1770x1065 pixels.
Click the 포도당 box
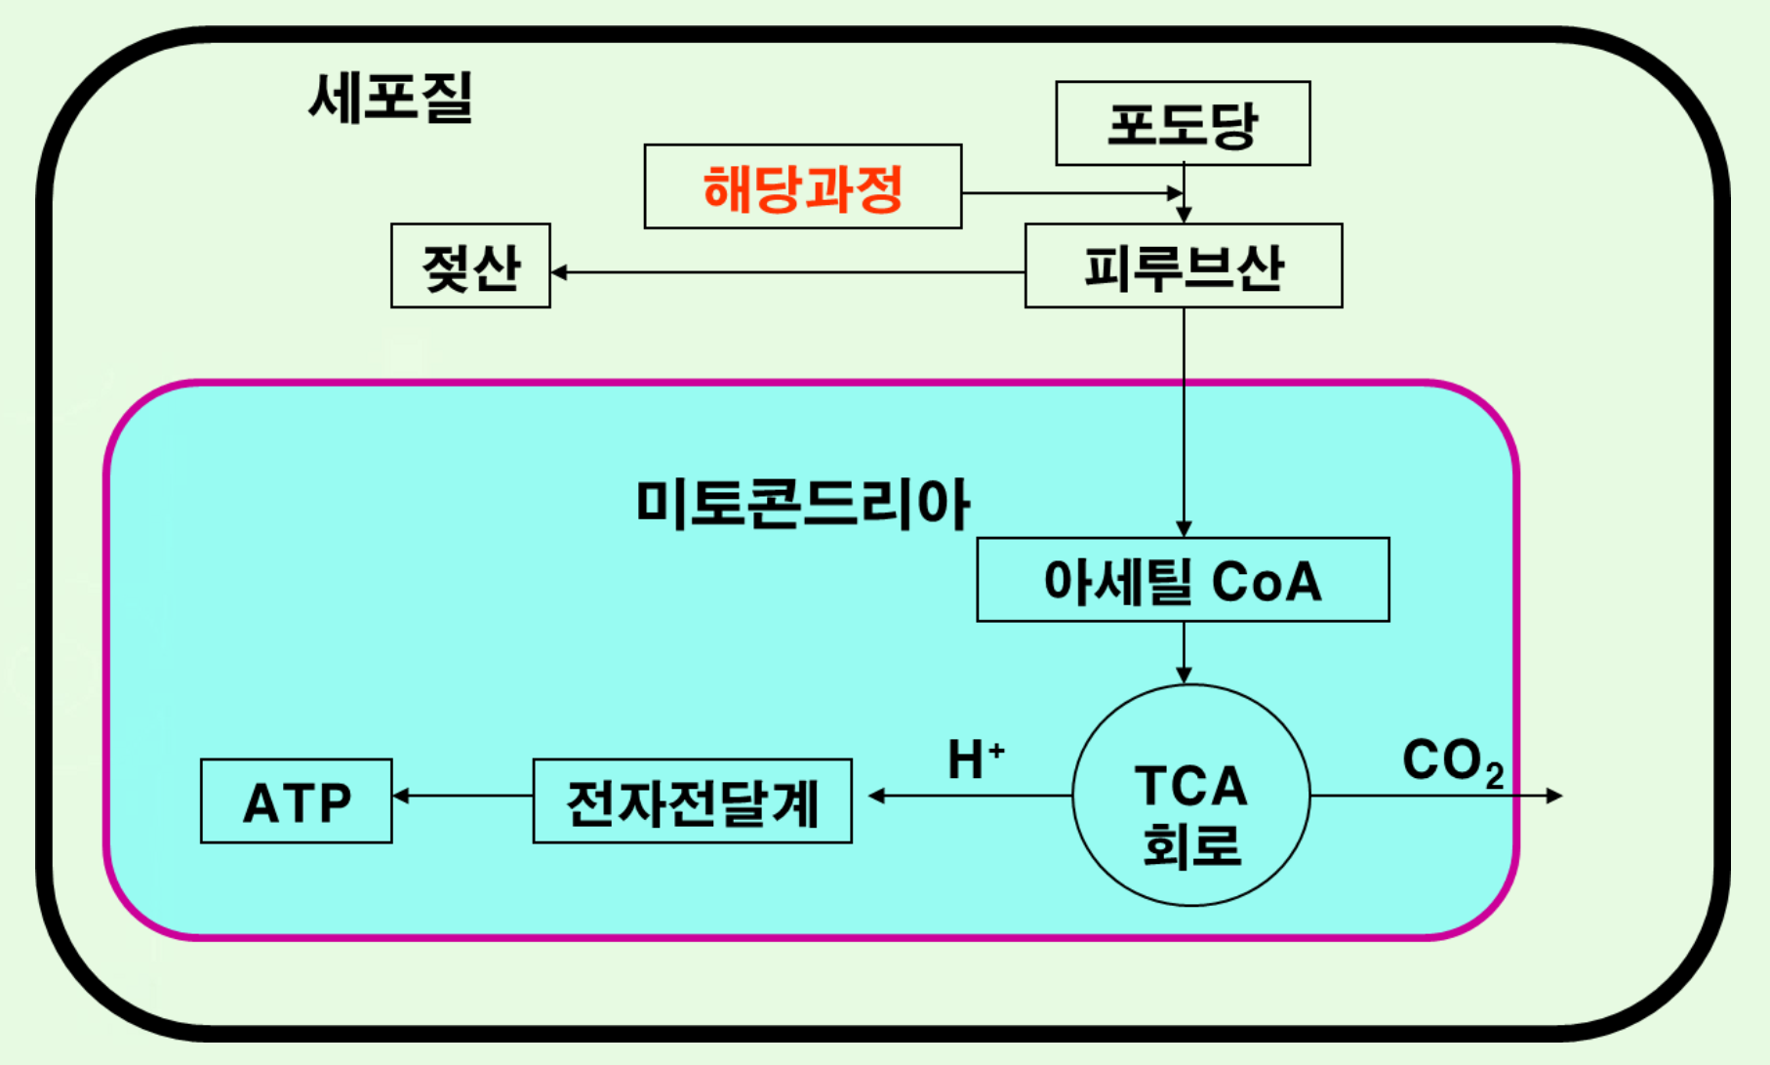pyautogui.click(x=1183, y=124)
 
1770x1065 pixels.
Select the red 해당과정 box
pyautogui.click(x=802, y=187)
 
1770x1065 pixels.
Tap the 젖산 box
pyautogui.click(x=470, y=266)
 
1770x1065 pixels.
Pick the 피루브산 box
pyautogui.click(x=1183, y=266)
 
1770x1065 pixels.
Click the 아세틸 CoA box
pyautogui.click(x=1183, y=580)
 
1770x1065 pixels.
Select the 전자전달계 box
pyautogui.click(x=692, y=801)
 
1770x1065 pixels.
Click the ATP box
pyautogui.click(x=297, y=801)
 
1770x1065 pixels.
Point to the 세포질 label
pyautogui.click(x=390, y=98)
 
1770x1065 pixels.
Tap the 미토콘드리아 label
pyautogui.click(x=802, y=504)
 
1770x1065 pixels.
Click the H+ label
pyautogui.click(x=975, y=759)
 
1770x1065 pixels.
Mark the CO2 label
pyautogui.click(x=1452, y=760)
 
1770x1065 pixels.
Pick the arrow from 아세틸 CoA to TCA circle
pyautogui.click(x=1184, y=652)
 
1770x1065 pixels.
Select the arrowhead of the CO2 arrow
pyautogui.click(x=1555, y=796)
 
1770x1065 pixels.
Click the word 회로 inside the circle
pyautogui.click(x=1190, y=845)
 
